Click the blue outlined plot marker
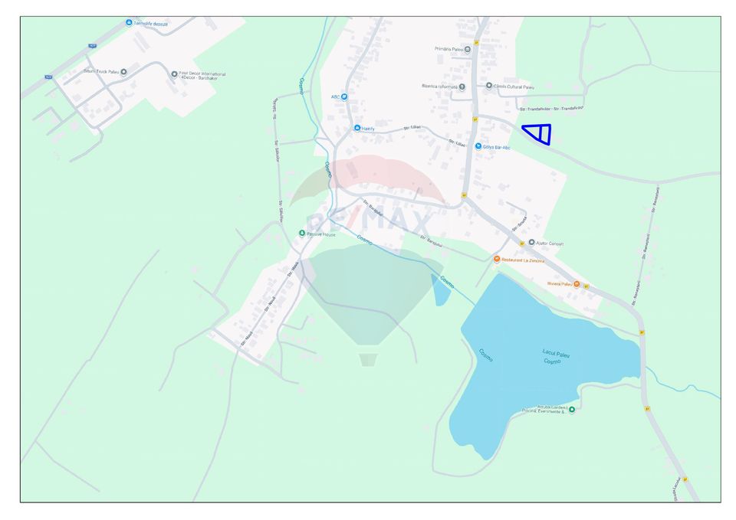540,133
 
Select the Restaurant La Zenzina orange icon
497,260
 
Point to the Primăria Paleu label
449,49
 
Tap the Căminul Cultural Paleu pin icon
489,86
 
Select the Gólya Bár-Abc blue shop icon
479,146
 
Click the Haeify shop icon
356,128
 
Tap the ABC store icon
343,96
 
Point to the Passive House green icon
302,233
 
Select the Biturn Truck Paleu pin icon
123,71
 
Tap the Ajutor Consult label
550,244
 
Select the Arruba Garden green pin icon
571,409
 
